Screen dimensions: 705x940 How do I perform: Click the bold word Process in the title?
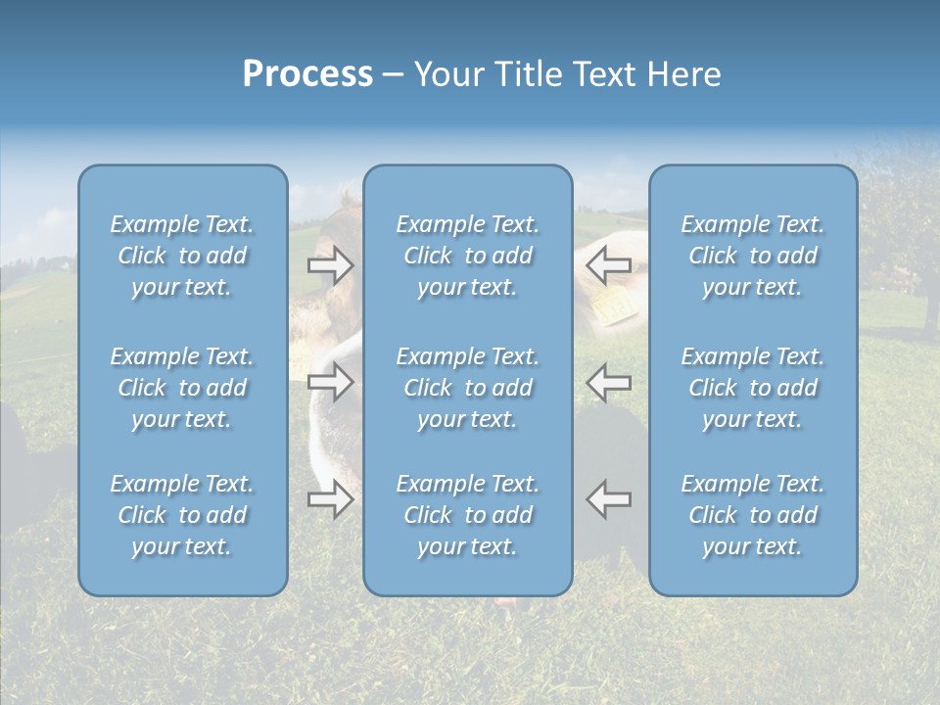pyautogui.click(x=307, y=74)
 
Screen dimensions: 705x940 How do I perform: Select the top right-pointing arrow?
pyautogui.click(x=330, y=265)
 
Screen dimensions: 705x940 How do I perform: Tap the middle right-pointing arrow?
pyautogui.click(x=330, y=382)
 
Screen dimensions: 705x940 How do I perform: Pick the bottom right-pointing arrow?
pyautogui.click(x=330, y=499)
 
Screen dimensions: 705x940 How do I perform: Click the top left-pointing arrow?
pyautogui.click(x=608, y=263)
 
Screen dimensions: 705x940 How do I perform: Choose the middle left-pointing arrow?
pyautogui.click(x=608, y=382)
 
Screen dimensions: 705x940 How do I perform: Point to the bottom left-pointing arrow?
pyautogui.click(x=608, y=498)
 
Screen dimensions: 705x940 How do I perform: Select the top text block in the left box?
pyautogui.click(x=182, y=256)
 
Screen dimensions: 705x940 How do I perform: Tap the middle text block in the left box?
pyautogui.click(x=182, y=388)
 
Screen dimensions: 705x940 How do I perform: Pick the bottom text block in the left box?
pyautogui.click(x=182, y=515)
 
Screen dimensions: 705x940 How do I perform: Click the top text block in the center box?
pyautogui.click(x=468, y=256)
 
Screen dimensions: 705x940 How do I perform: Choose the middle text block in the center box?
pyautogui.click(x=468, y=388)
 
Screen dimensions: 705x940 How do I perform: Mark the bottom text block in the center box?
pyautogui.click(x=468, y=515)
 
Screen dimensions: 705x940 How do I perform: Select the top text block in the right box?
pyautogui.click(x=753, y=256)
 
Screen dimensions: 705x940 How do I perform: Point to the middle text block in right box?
pyautogui.click(x=753, y=388)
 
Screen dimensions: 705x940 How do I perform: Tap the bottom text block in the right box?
pyautogui.click(x=753, y=515)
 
